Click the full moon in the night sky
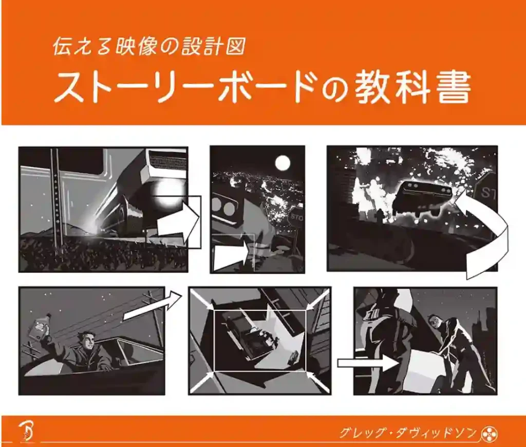(x=283, y=163)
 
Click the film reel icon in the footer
(x=489, y=433)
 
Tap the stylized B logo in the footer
(x=26, y=431)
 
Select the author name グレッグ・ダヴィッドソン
(x=407, y=433)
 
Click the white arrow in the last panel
(x=369, y=363)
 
